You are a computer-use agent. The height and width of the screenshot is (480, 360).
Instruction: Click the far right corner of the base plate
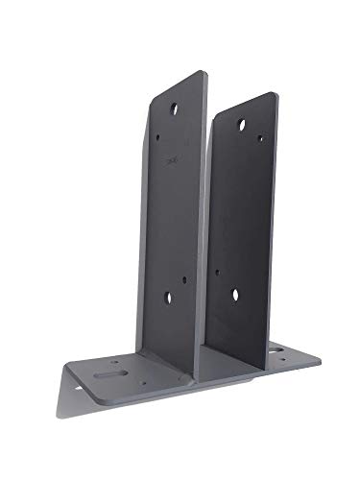coord(318,360)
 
